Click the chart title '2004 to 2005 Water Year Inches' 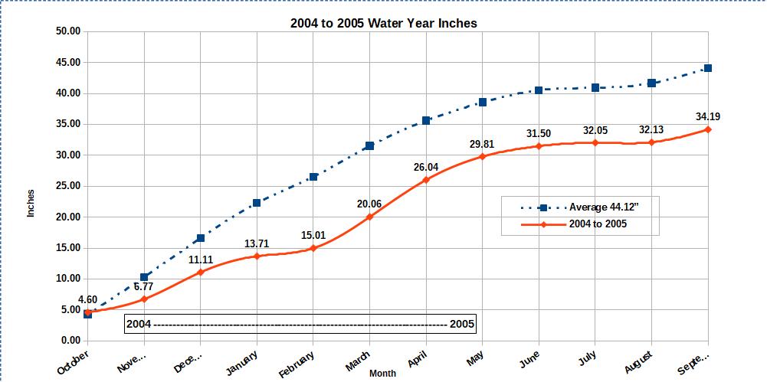point(383,23)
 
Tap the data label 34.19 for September point(707,117)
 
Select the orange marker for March point(369,217)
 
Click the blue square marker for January point(257,203)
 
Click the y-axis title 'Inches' point(31,203)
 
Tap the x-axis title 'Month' point(383,374)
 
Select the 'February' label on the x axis point(297,363)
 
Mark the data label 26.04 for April point(425,166)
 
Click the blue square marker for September point(707,68)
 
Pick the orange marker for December point(200,272)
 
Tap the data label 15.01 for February point(313,234)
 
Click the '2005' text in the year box point(462,324)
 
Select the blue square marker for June point(539,90)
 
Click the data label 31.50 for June point(539,134)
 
